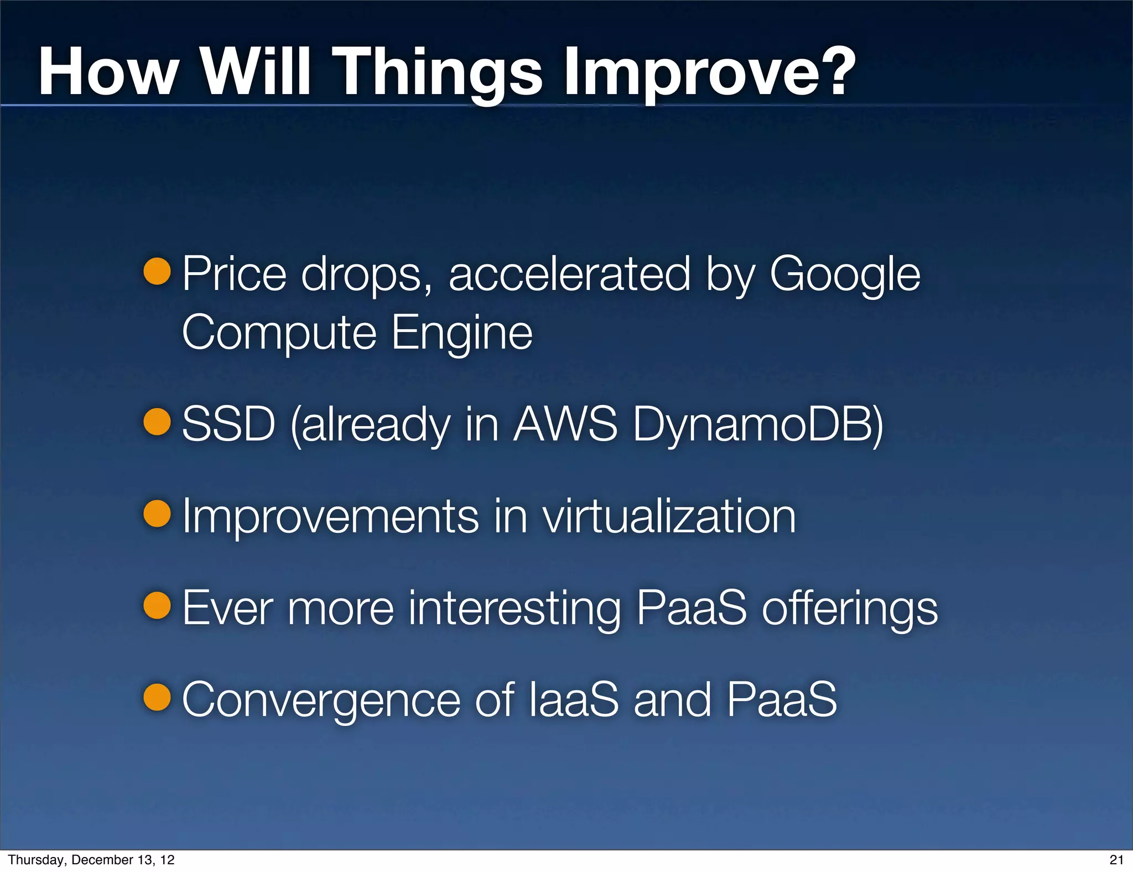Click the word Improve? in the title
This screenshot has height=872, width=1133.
(709, 73)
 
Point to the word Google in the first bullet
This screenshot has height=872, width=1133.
(845, 275)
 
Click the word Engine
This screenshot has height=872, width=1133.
(462, 333)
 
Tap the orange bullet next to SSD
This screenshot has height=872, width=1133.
(157, 422)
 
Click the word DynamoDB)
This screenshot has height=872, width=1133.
(758, 425)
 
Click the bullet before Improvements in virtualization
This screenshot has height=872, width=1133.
(157, 513)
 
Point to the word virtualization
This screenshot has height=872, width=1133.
(669, 516)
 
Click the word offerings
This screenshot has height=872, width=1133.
(850, 609)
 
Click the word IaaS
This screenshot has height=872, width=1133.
(573, 700)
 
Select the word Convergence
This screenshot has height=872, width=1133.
(321, 701)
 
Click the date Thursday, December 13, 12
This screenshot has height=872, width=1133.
(91, 860)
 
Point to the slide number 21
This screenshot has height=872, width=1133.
(1116, 860)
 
